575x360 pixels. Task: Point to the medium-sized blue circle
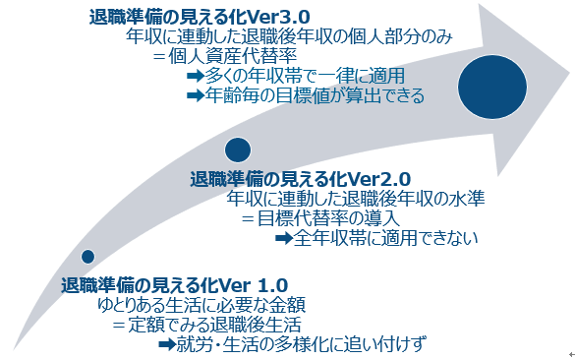(x=238, y=150)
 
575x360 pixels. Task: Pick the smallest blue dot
(x=88, y=257)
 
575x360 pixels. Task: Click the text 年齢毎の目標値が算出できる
(x=314, y=95)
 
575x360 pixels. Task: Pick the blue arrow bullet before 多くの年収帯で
(x=194, y=77)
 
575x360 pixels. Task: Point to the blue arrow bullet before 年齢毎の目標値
(x=194, y=95)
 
